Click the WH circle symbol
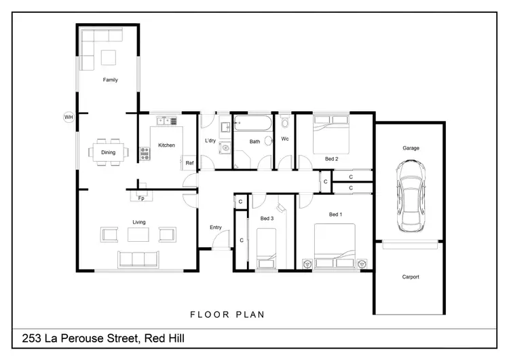pyautogui.click(x=69, y=117)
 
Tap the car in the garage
pyautogui.click(x=411, y=196)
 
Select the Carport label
pyautogui.click(x=411, y=277)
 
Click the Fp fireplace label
pyautogui.click(x=141, y=198)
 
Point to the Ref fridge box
pyautogui.click(x=189, y=162)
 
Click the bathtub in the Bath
pyautogui.click(x=252, y=123)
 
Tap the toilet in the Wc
pyautogui.click(x=284, y=121)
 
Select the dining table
pyautogui.click(x=108, y=152)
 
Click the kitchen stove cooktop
pyautogui.click(x=145, y=154)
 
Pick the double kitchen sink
pyautogui.click(x=166, y=121)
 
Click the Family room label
pyautogui.click(x=111, y=79)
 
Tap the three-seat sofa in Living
pyautogui.click(x=138, y=259)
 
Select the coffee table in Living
pyautogui.click(x=138, y=234)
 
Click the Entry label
pyautogui.click(x=216, y=228)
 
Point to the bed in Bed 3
pyautogui.click(x=266, y=249)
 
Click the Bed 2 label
pyautogui.click(x=331, y=159)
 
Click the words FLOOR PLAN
pyautogui.click(x=227, y=314)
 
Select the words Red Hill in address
pyautogui.click(x=164, y=338)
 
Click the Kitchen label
pyautogui.click(x=166, y=145)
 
